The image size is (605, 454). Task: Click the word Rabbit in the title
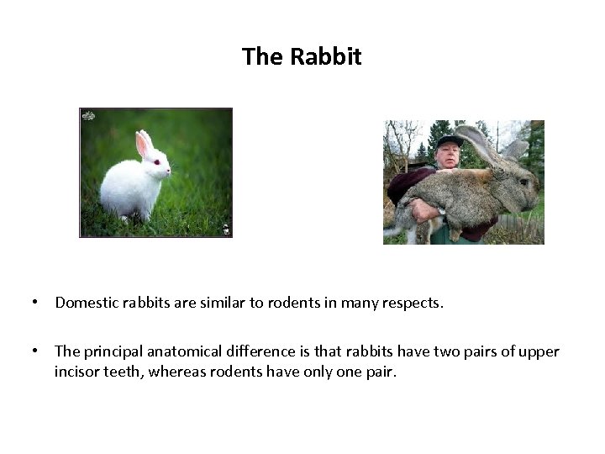(325, 57)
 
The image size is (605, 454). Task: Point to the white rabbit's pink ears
(144, 144)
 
